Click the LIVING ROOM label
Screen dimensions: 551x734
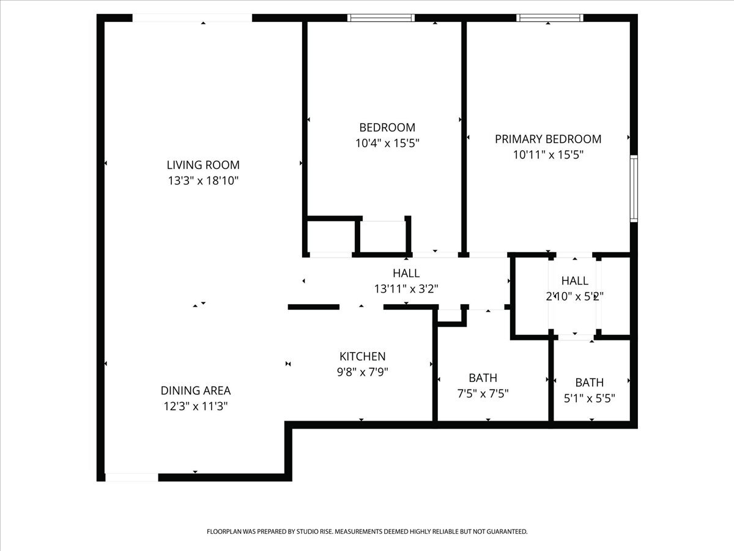tap(203, 165)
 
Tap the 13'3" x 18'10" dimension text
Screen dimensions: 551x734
tap(203, 181)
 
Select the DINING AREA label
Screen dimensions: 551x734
tap(196, 390)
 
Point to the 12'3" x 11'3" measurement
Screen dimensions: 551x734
tap(196, 406)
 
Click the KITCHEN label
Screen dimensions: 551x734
tap(363, 356)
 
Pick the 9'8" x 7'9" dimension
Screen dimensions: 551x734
tap(363, 372)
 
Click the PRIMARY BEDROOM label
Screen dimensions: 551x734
tap(548, 139)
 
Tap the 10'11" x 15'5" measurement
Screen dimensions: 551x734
tap(548, 155)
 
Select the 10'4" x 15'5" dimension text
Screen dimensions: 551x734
tap(387, 143)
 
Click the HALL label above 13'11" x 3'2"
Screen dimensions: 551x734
tap(406, 273)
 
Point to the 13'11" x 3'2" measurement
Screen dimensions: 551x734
tap(406, 289)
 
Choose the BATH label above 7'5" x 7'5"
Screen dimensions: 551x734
tap(483, 378)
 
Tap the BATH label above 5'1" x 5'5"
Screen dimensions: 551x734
tap(589, 382)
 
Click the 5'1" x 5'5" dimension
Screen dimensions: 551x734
tap(589, 398)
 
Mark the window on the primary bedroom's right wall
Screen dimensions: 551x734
tap(634, 189)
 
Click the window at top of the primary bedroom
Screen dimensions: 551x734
tap(549, 18)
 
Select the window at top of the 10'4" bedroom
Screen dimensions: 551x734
tap(381, 18)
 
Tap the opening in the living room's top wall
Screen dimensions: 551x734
tap(192, 18)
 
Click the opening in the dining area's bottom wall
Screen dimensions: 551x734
tap(132, 477)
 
